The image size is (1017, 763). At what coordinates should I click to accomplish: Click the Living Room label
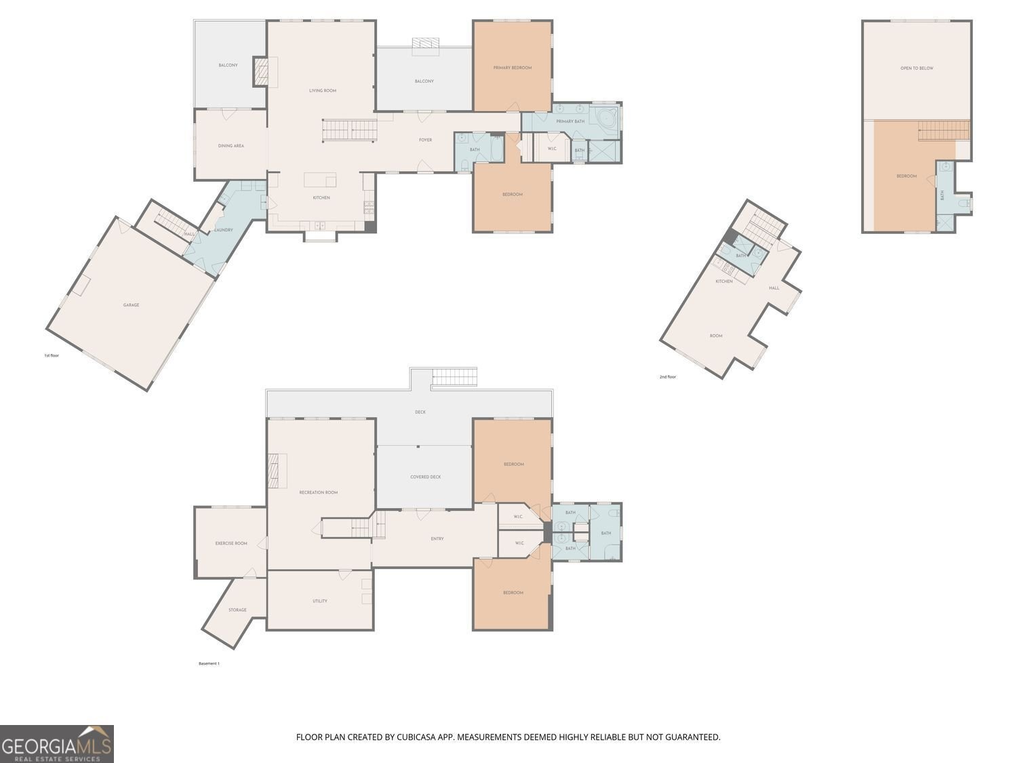tap(323, 90)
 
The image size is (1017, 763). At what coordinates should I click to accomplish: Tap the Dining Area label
tap(231, 146)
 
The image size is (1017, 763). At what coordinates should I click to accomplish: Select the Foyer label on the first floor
tap(425, 140)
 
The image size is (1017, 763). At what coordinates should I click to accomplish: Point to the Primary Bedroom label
tap(513, 68)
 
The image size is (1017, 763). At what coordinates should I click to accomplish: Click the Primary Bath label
tap(570, 121)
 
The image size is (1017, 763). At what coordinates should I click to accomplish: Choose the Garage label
tap(131, 305)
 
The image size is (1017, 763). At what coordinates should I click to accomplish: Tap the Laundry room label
tap(224, 230)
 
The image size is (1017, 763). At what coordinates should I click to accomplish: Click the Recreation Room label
tap(319, 492)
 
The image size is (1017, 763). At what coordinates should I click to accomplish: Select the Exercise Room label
tap(231, 543)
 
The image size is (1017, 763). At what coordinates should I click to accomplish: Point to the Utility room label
tap(320, 601)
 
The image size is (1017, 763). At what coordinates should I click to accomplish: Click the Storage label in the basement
tap(237, 610)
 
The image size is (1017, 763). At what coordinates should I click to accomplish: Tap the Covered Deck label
tap(426, 477)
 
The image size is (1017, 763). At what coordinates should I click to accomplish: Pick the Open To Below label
tap(917, 68)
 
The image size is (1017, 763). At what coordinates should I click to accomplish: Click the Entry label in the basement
tap(437, 539)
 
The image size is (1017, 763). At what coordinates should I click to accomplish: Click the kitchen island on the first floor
tap(320, 180)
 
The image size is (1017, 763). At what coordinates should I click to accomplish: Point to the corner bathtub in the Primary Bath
tap(606, 119)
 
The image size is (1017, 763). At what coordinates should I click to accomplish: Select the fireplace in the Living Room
tap(262, 72)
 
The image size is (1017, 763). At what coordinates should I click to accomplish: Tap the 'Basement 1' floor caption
tap(209, 663)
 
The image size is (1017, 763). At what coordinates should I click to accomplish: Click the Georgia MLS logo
tap(57, 744)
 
